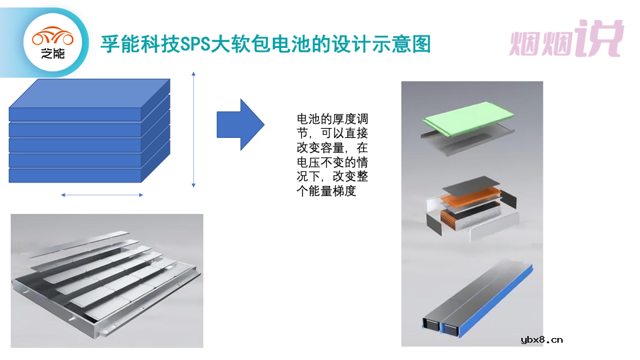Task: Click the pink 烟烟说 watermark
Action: pos(566,39)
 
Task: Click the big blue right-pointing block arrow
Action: pos(241,124)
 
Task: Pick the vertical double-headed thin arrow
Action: pos(193,129)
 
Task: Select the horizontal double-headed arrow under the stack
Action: pos(102,195)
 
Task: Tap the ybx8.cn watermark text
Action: pos(541,339)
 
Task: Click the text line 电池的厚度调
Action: pos(332,119)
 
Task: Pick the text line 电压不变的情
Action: pos(332,162)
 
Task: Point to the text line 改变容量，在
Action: pos(332,148)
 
